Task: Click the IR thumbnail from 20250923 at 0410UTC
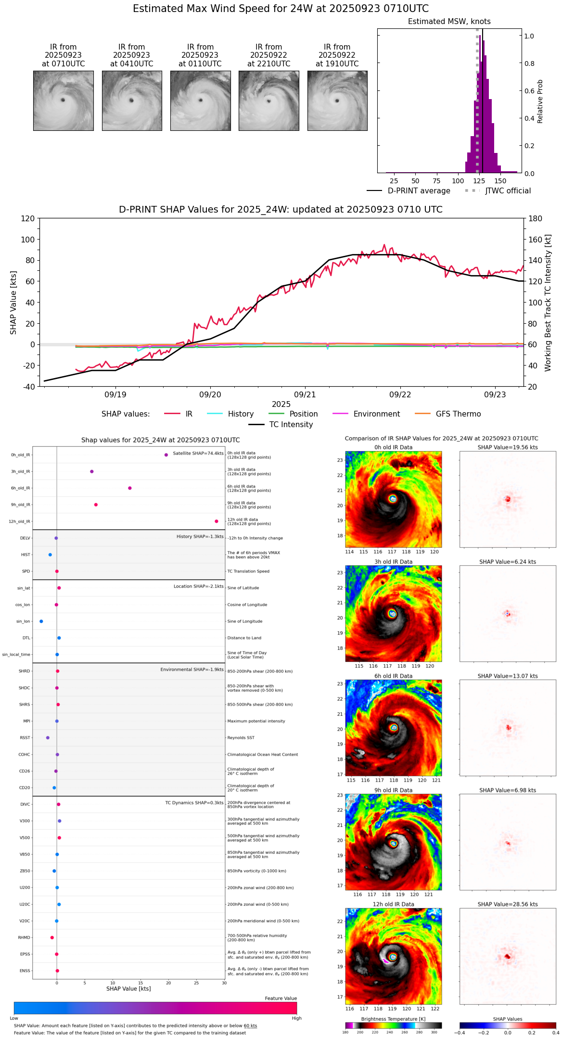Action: (x=132, y=101)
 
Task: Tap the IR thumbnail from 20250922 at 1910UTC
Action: (x=337, y=101)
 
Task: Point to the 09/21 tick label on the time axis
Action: (x=305, y=394)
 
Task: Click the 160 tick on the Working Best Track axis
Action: (x=536, y=239)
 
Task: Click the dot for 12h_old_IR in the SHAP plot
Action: (x=217, y=521)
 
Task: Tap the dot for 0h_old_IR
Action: (x=166, y=455)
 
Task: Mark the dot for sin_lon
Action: (x=41, y=621)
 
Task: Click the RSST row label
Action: (x=25, y=737)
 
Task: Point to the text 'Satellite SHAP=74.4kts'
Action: (x=198, y=453)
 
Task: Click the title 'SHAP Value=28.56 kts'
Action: (x=508, y=904)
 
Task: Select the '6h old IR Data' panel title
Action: (x=393, y=676)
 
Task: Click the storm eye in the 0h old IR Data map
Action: (x=393, y=499)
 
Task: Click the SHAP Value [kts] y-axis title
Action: (x=13, y=303)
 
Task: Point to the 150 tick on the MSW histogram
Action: (x=500, y=181)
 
